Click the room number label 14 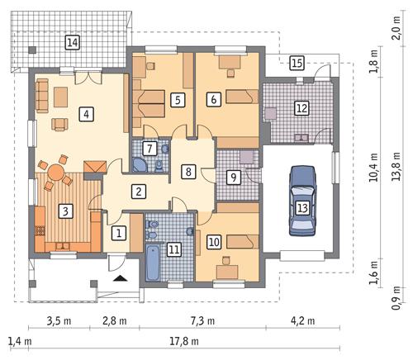(x=73, y=42)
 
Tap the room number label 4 (x=85, y=114)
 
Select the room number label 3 (x=63, y=211)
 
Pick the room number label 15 (x=297, y=62)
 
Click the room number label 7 (x=150, y=149)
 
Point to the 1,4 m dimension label (x=15, y=340)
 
